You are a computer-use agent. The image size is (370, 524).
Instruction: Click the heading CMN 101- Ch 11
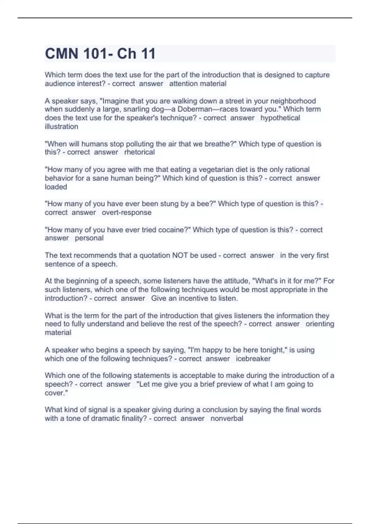point(100,54)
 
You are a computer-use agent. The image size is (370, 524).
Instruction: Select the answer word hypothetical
point(280,118)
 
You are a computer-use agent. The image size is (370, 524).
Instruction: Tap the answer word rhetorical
point(139,152)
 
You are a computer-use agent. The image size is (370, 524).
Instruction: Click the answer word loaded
point(56,187)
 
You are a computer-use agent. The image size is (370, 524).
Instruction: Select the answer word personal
point(89,238)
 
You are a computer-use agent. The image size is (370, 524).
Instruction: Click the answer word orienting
point(320,324)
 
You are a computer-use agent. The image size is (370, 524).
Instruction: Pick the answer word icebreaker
point(253,359)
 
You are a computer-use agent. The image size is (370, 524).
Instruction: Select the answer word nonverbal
point(227,419)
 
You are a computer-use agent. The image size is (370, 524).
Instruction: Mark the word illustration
point(61,127)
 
